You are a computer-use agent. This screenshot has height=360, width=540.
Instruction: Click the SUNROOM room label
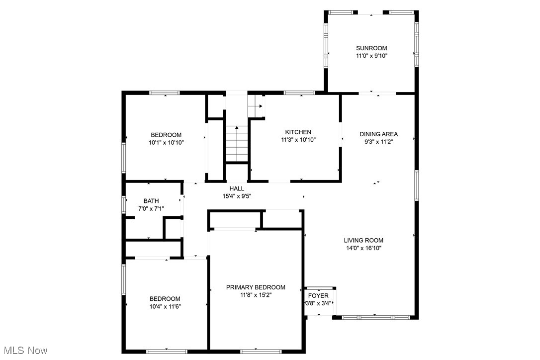tap(371, 48)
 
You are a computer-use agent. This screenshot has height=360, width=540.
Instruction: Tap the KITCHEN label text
tap(298, 132)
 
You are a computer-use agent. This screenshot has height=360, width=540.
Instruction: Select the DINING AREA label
tap(378, 134)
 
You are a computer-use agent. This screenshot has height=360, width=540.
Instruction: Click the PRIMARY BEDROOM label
tap(256, 287)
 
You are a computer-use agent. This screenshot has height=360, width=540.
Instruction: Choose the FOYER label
tap(318, 296)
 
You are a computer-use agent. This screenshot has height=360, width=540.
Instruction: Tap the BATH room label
tap(151, 201)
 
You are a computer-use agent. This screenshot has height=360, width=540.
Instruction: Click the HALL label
tap(237, 188)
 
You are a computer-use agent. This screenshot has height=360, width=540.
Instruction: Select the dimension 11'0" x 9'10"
tap(371, 56)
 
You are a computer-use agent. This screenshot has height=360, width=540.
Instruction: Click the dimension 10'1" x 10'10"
tap(166, 143)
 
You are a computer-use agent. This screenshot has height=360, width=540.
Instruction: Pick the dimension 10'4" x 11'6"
tap(165, 306)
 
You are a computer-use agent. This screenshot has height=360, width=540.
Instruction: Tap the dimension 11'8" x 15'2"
tap(256, 295)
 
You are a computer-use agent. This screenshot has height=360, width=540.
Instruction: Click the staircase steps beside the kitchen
tap(237, 144)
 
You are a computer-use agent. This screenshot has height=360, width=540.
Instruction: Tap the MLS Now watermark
tap(24, 351)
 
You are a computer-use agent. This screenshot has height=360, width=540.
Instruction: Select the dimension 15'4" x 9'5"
tap(237, 196)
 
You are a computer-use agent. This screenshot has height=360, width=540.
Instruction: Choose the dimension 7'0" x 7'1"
tap(151, 209)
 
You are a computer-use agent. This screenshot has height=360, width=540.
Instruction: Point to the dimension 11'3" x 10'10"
tap(298, 140)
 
